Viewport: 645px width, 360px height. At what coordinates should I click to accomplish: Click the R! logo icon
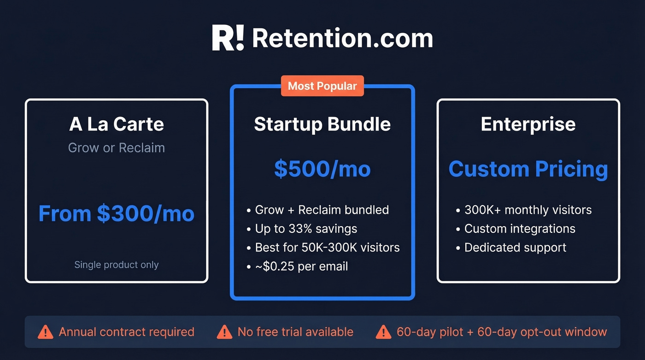(x=228, y=38)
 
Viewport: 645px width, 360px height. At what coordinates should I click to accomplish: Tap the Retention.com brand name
(x=342, y=38)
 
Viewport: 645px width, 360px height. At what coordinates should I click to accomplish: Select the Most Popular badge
(x=322, y=86)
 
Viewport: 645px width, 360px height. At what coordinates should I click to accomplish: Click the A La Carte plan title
(x=117, y=124)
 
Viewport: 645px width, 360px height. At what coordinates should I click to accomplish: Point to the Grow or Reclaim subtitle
(x=117, y=148)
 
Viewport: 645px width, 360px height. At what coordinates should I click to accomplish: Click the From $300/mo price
(x=117, y=213)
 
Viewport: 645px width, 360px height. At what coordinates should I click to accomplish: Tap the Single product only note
(x=117, y=265)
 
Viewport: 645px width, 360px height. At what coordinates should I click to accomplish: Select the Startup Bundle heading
(x=322, y=124)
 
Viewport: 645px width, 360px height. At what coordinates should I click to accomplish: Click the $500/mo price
(x=322, y=169)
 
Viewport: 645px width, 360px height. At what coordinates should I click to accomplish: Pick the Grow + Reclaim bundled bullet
(x=322, y=210)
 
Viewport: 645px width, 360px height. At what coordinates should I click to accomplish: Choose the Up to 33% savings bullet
(x=306, y=229)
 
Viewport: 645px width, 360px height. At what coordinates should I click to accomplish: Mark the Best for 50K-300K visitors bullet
(x=327, y=248)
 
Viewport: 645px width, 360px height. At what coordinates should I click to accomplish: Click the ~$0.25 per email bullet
(x=301, y=266)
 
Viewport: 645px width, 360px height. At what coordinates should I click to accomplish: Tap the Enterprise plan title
(x=528, y=124)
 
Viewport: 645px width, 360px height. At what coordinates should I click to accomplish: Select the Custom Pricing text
(x=528, y=169)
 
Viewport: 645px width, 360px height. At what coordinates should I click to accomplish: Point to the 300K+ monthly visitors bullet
(x=528, y=210)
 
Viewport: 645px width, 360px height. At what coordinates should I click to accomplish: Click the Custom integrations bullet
(x=520, y=229)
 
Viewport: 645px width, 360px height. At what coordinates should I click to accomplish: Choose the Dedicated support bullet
(x=515, y=248)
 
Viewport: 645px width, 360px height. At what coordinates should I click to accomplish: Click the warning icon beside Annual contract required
(x=45, y=331)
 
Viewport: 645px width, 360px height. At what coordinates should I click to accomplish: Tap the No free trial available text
(x=295, y=331)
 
